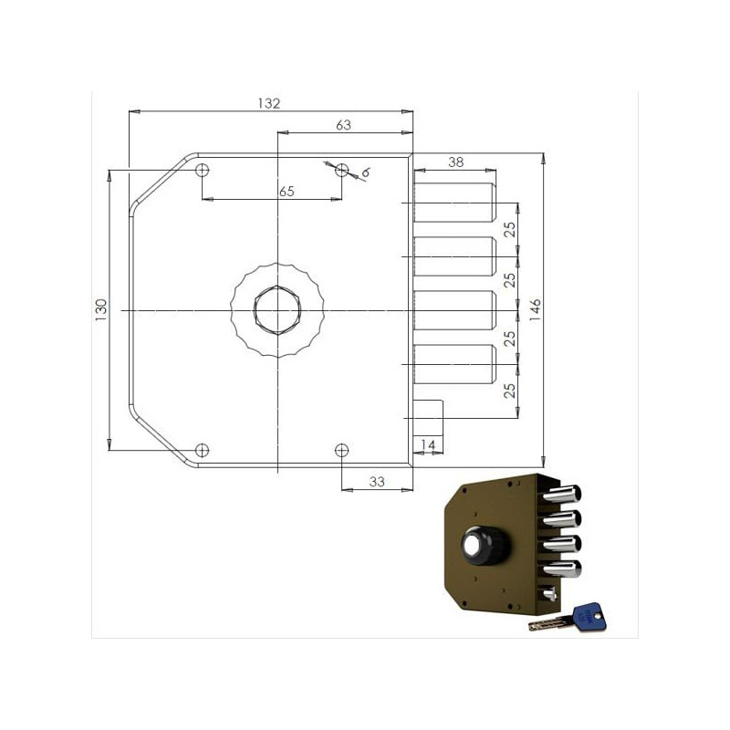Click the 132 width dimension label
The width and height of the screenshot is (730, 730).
269,103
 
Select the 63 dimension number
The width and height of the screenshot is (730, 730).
343,125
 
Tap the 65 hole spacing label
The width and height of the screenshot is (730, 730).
287,192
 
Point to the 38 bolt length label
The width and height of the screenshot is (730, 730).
455,162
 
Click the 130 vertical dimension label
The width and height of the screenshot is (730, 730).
101,309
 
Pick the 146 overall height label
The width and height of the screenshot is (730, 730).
536,309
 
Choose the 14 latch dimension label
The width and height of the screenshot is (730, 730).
428,445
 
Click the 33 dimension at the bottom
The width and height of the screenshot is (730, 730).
377,482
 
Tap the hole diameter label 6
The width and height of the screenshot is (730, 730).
366,172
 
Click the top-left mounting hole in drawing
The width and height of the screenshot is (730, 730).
202,170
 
